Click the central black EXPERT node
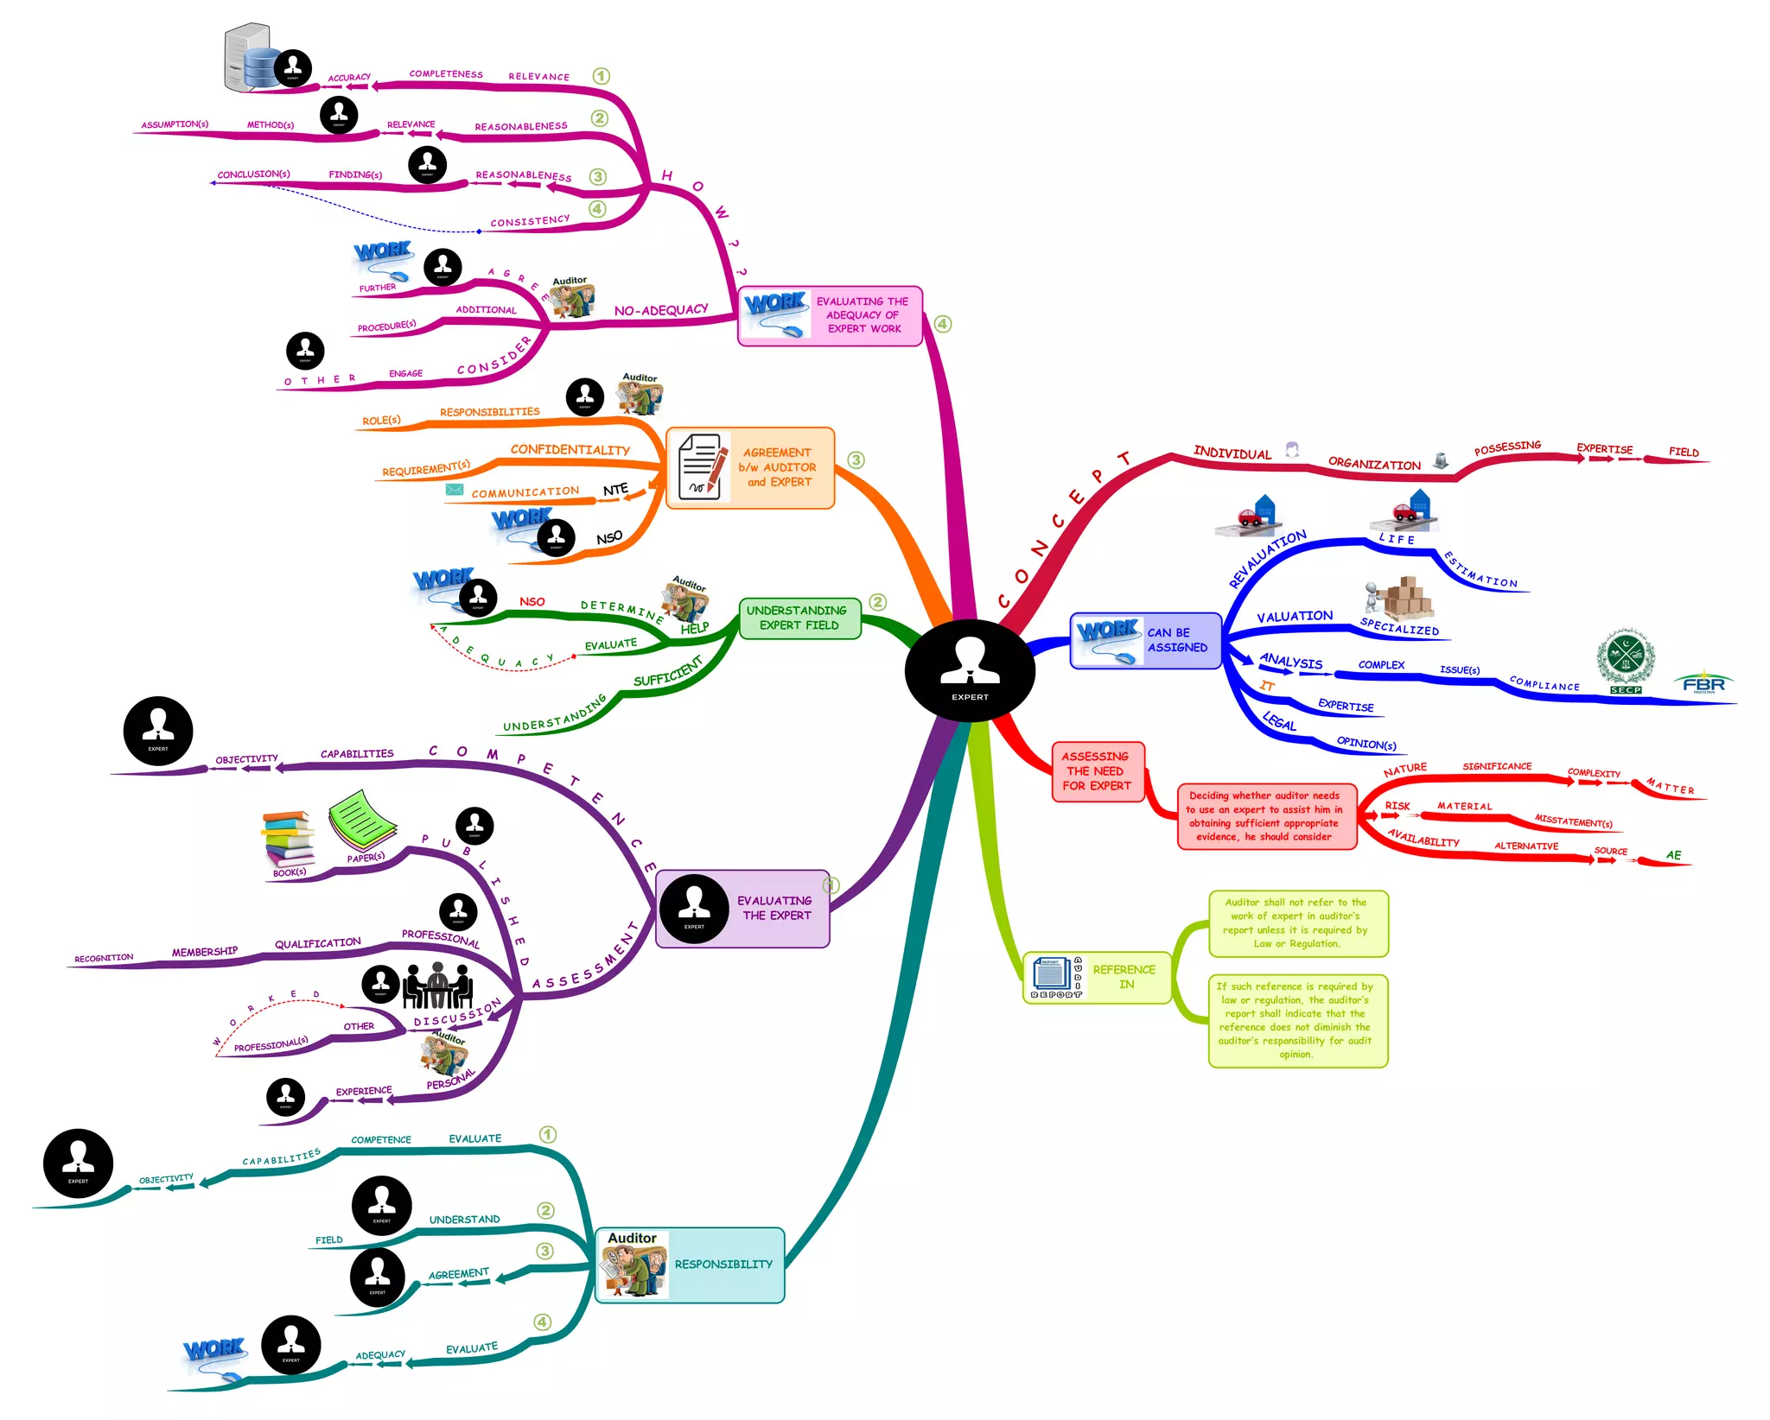point(969,670)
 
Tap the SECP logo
point(1625,661)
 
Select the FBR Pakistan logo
point(1703,683)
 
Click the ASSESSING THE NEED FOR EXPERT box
point(1097,771)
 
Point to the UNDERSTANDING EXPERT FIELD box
point(799,618)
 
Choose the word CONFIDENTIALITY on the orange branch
point(570,450)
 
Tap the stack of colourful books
point(288,838)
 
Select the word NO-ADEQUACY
point(661,310)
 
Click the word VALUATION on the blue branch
point(1294,617)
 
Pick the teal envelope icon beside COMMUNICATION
point(454,490)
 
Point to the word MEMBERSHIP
point(204,952)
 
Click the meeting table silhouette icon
point(438,986)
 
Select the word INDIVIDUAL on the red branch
point(1232,453)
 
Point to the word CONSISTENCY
point(530,221)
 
